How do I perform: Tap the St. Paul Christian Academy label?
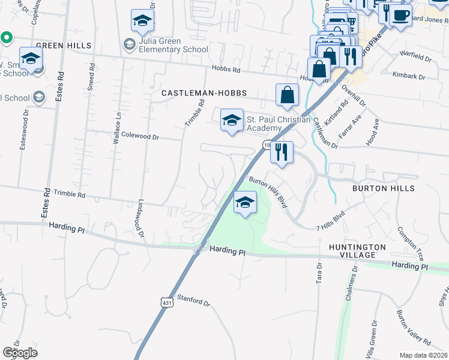(272, 124)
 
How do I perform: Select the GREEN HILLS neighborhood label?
(64, 46)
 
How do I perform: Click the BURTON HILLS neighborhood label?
(383, 188)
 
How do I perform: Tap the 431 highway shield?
(166, 304)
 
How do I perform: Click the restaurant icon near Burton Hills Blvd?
(281, 153)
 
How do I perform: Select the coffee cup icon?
(400, 14)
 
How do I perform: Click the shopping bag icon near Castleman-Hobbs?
(288, 95)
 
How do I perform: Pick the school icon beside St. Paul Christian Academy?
(232, 120)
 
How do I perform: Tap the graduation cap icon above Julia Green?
(142, 22)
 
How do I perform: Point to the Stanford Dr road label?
(194, 301)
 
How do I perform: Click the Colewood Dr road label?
(140, 137)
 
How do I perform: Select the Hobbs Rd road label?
(226, 70)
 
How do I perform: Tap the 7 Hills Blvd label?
(331, 221)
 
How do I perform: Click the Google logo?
(20, 353)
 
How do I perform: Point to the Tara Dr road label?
(319, 276)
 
